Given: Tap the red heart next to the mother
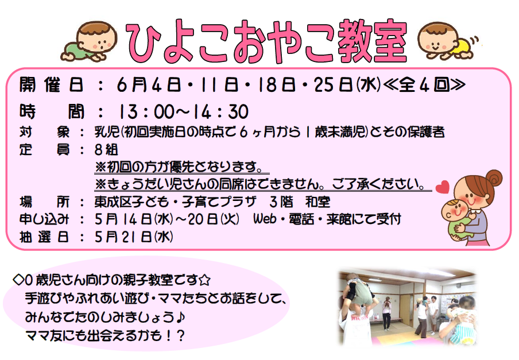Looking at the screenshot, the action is pos(442,187).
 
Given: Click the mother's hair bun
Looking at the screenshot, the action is pos(494,178).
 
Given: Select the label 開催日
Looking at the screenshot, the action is pos(51,85).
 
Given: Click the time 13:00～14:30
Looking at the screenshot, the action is pos(183,111).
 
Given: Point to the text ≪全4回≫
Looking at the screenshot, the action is pos(424,85).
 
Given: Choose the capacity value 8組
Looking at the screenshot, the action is pos(106,149).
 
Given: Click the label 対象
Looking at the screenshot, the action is pos(44,132).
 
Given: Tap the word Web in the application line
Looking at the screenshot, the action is pos(265,219).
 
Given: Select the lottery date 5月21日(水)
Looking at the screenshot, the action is pos(134,237).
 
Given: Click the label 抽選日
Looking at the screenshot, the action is pos(44,237).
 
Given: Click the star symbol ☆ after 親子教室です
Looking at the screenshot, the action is pos(205,280).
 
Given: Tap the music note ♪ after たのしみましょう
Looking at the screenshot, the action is pos(180,318).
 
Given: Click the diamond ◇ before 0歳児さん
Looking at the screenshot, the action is pos(18,280).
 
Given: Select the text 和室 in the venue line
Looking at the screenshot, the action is pos(317,202).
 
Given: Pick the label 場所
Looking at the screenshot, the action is pos(44,202).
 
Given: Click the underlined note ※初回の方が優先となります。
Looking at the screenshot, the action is pos(182,167).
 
